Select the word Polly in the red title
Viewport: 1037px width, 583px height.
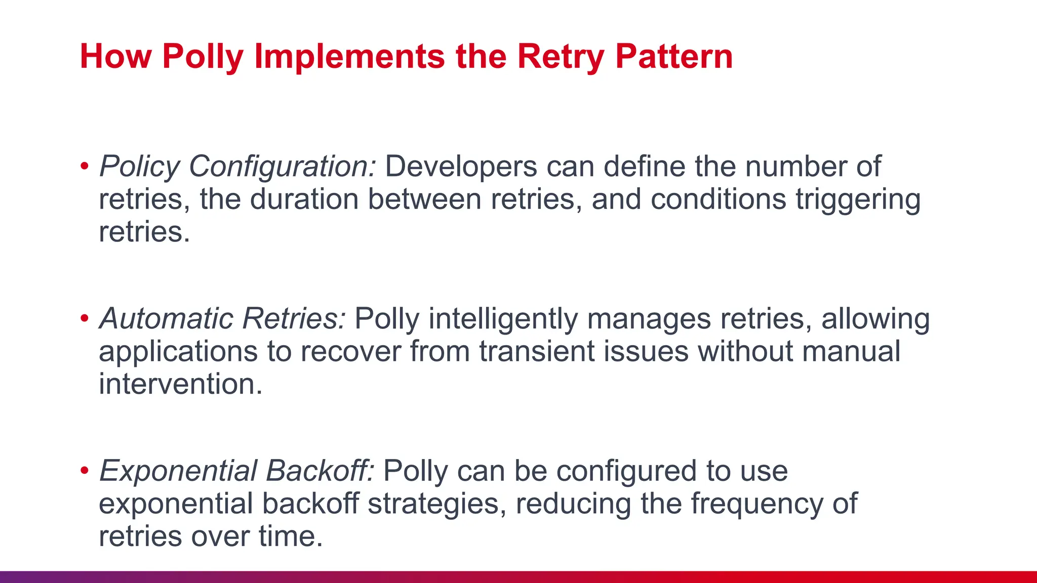tap(203, 56)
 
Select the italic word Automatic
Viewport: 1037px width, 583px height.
tap(166, 319)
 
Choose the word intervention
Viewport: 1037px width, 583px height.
tap(181, 384)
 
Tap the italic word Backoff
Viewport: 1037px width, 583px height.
tap(320, 471)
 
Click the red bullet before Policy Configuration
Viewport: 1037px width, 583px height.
tap(85, 166)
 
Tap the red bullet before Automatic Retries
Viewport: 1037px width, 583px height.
tap(85, 319)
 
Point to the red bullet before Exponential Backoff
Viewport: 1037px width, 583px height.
tap(85, 471)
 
